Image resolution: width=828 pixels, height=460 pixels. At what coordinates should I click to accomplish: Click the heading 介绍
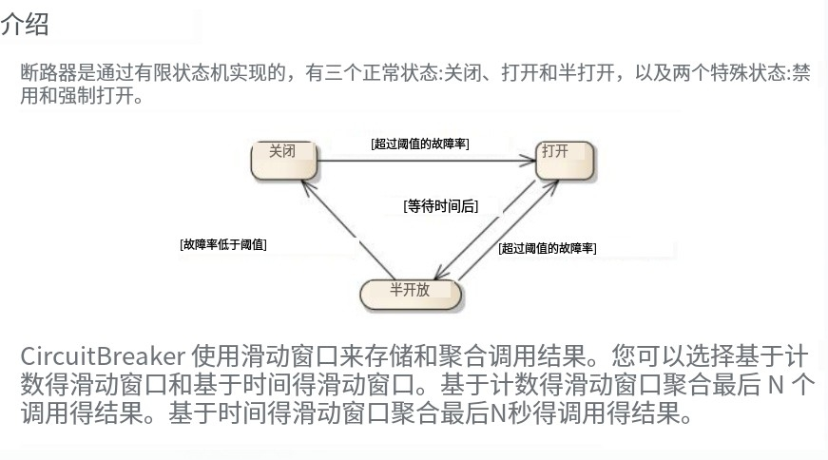pyautogui.click(x=25, y=26)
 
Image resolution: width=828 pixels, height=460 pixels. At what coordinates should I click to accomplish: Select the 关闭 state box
pyautogui.click(x=283, y=160)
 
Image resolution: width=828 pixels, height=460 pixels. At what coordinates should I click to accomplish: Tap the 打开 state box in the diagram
pyautogui.click(x=565, y=160)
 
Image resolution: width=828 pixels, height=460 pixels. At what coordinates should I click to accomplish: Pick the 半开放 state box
pyautogui.click(x=411, y=294)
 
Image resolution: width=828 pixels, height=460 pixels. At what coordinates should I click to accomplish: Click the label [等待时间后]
pyautogui.click(x=440, y=205)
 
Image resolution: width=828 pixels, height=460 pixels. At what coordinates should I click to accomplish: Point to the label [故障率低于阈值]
pyautogui.click(x=222, y=244)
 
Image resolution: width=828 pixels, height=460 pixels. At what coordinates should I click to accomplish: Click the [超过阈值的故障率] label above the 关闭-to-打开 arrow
pyautogui.click(x=420, y=143)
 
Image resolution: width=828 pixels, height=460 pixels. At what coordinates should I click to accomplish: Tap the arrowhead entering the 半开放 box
pyautogui.click(x=454, y=277)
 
